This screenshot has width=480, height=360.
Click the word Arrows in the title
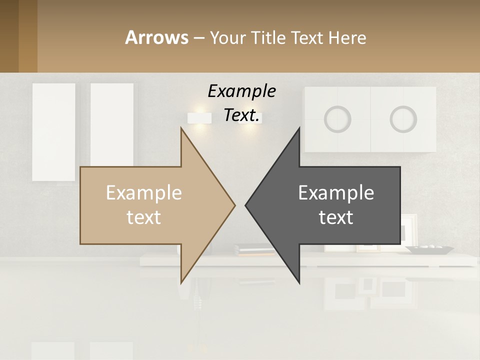coord(156,37)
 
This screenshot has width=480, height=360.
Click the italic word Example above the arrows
coord(241,91)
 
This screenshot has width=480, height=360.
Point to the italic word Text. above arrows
coord(241,115)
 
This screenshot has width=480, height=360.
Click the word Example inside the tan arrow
coord(144,193)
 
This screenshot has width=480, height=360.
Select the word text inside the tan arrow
coord(144,217)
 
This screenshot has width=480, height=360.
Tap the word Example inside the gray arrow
coord(336,193)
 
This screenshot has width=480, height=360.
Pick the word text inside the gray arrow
coord(336,217)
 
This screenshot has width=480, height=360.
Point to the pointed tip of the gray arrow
coord(247,205)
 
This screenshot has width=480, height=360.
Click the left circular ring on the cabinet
coord(337,119)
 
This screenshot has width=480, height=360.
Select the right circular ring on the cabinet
coord(403,119)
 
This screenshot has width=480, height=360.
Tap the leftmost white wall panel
coord(53,131)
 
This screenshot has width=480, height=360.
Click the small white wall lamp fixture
coord(198,118)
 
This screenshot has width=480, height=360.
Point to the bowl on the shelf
coord(429,249)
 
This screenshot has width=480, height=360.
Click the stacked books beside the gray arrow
coord(252,249)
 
